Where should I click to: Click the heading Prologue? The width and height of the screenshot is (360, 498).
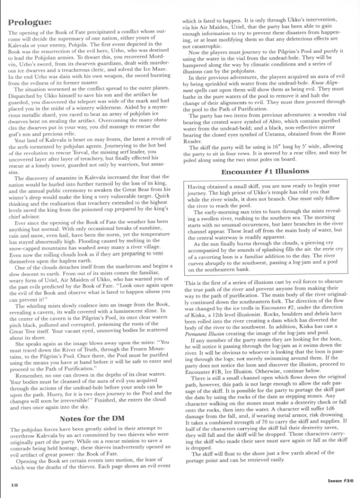pos(30,22)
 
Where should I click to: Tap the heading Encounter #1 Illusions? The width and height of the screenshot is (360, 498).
pos(265,171)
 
